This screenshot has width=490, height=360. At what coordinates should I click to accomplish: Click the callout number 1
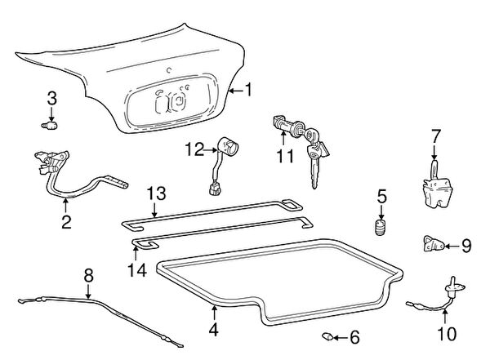tap(249, 91)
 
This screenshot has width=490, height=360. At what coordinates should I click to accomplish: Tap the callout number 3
tap(51, 99)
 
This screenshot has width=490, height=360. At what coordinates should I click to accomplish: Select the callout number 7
tap(435, 134)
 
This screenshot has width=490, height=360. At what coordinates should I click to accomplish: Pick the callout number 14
tap(136, 269)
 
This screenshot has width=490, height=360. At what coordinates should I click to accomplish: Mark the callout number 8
tap(88, 274)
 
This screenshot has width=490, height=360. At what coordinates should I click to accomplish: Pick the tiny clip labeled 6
tap(326, 335)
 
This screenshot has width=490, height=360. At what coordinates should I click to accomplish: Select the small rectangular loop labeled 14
tap(145, 243)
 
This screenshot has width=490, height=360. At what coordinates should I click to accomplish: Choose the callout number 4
tap(213, 331)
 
